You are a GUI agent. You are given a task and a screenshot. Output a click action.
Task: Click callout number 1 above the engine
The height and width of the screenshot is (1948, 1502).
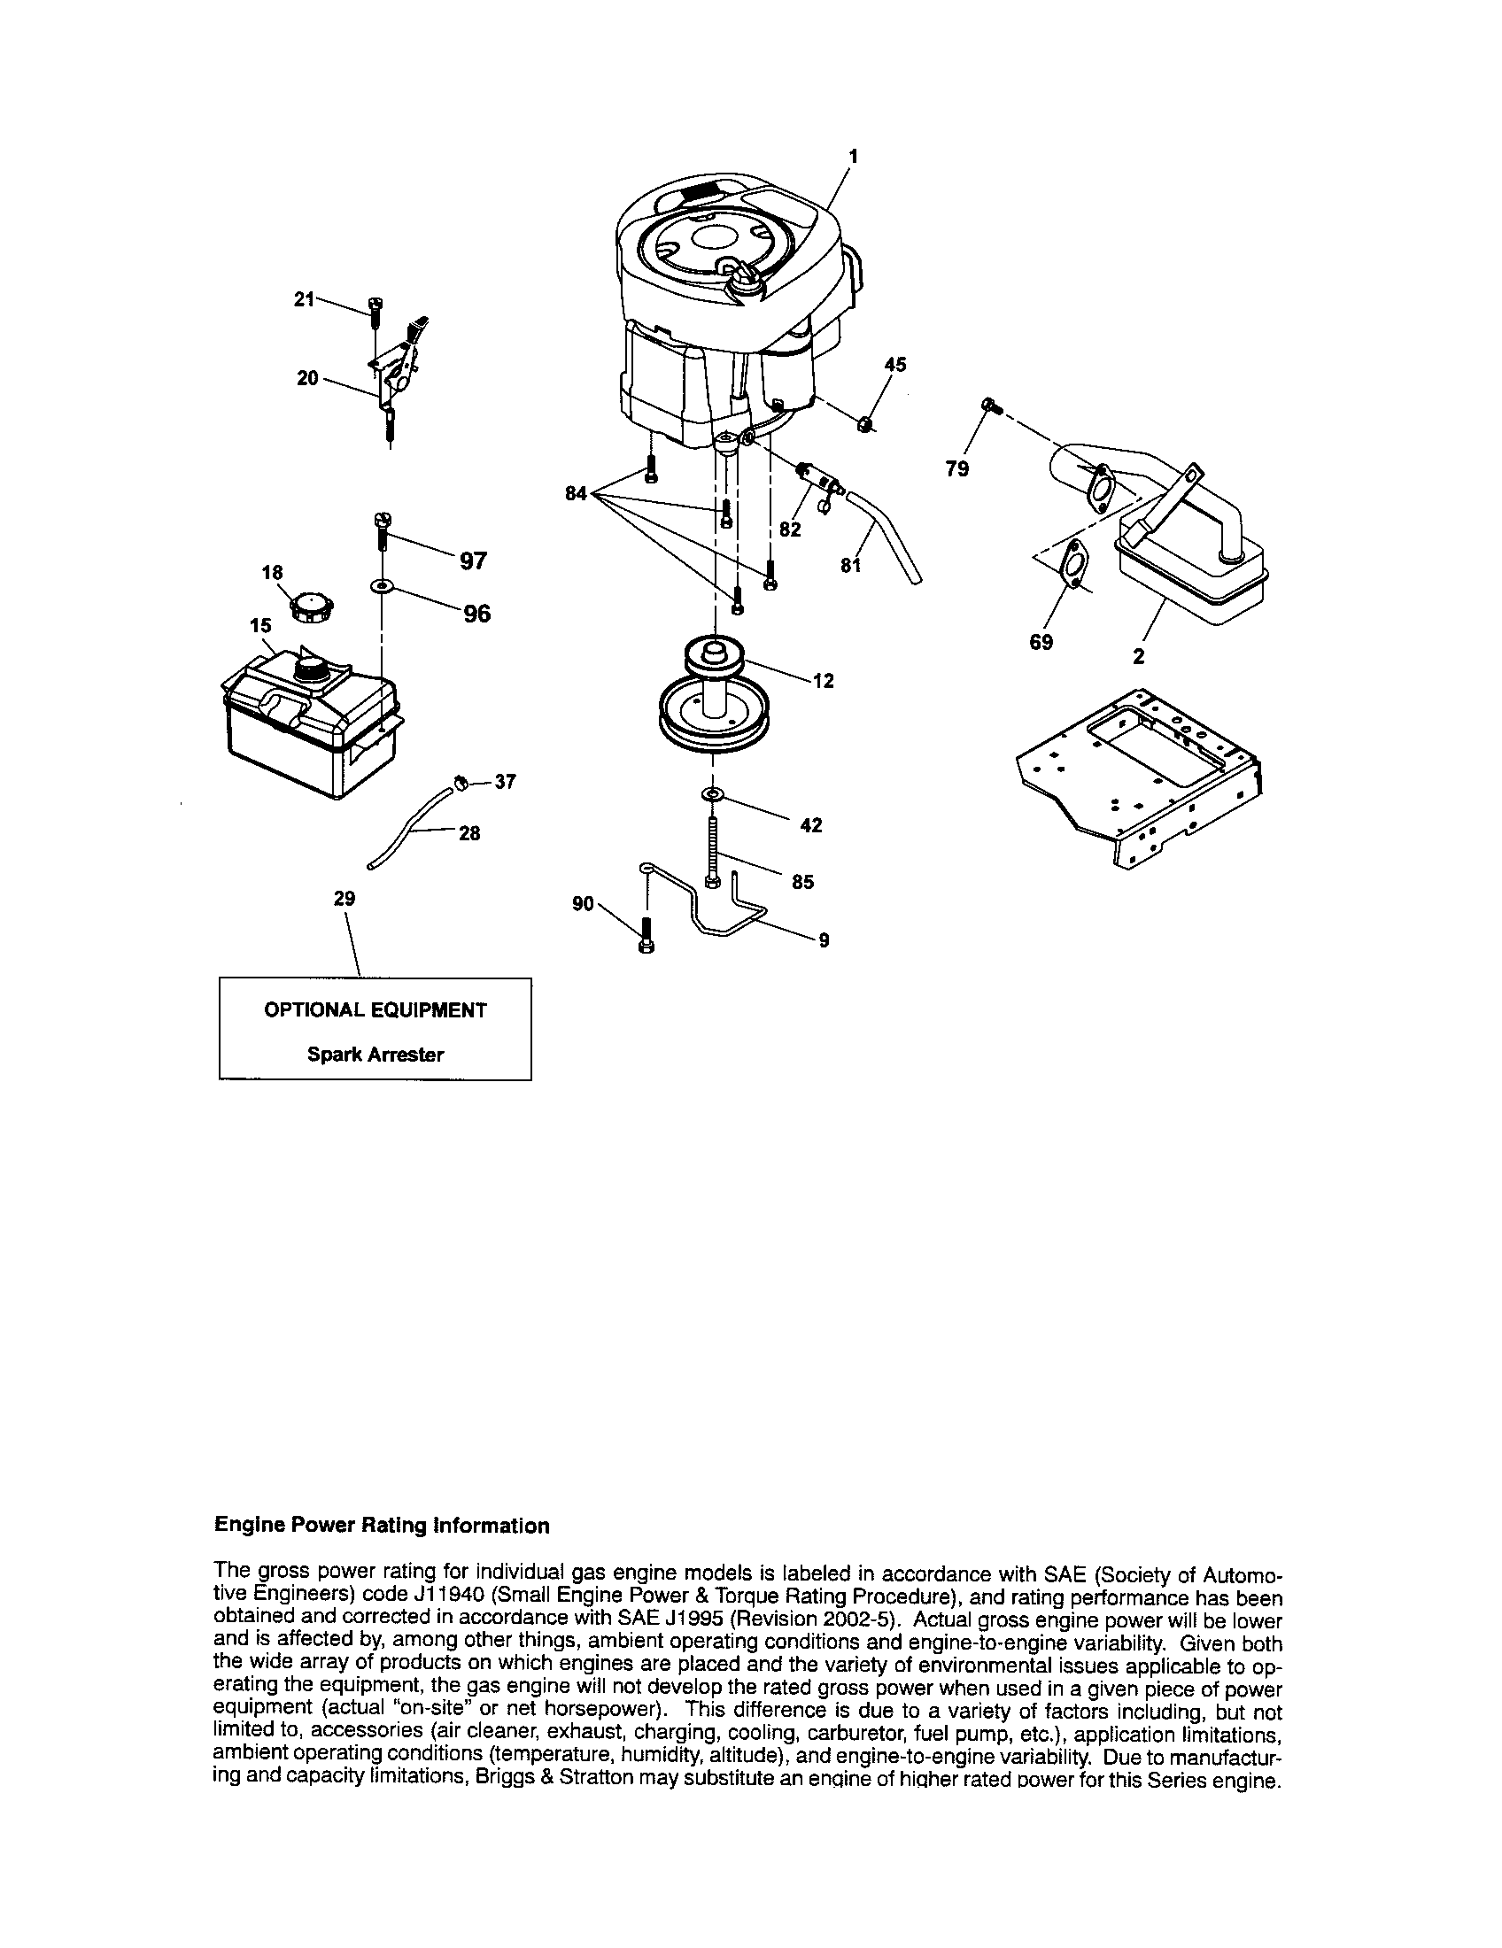coord(853,156)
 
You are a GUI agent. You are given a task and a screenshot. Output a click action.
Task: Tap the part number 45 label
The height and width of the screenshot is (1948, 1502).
coord(894,364)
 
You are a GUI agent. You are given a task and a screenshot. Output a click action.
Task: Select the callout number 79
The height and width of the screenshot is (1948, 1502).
coord(956,468)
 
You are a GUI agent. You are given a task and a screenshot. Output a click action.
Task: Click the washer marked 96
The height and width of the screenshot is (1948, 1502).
coord(383,586)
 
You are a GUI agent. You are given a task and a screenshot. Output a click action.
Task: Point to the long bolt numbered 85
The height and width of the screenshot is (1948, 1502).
coord(712,852)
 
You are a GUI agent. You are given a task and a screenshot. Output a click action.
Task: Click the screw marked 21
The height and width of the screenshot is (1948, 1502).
coord(374,313)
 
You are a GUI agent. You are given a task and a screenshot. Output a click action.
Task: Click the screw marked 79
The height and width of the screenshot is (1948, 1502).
coord(989,406)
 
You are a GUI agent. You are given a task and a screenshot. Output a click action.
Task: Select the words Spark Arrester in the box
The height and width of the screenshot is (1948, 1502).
coord(375,1055)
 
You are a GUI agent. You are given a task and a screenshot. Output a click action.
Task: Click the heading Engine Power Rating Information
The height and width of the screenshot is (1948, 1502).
coord(382,1527)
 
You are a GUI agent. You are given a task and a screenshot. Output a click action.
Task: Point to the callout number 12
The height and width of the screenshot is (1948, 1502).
coord(824,681)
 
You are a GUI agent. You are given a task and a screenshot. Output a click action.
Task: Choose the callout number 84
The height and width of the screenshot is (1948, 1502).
coord(577,492)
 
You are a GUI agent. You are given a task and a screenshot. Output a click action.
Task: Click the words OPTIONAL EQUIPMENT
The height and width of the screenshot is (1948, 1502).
coord(375,1010)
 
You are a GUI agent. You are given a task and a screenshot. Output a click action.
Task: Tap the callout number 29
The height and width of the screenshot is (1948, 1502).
coord(345,899)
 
